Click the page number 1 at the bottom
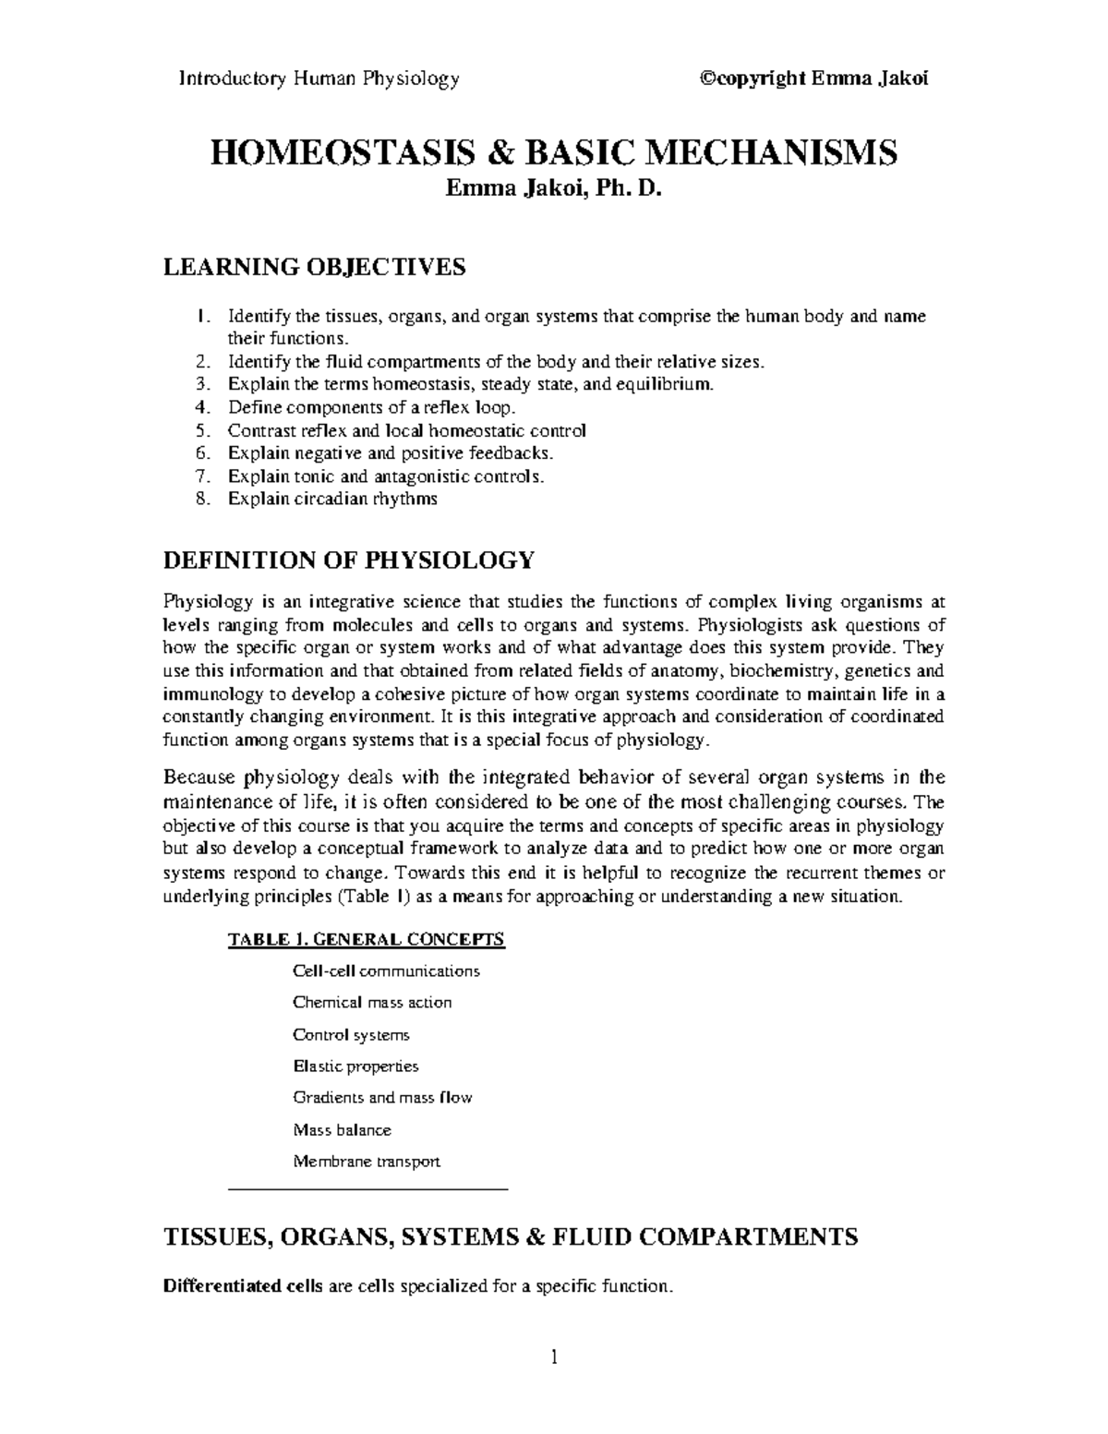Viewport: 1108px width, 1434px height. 554,1357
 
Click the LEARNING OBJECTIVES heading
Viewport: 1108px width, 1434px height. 314,268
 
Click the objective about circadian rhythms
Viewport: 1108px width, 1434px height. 332,499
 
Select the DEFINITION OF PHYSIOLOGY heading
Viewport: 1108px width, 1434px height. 348,560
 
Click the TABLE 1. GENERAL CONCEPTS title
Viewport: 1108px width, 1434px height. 366,940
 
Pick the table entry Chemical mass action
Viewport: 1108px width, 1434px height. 372,1002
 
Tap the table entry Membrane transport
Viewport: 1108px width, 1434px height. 367,1162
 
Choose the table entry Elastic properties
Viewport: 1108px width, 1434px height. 355,1066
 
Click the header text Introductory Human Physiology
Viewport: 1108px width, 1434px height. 319,78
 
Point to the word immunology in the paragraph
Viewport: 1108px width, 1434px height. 206,693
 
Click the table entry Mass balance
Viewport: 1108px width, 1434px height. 342,1129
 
